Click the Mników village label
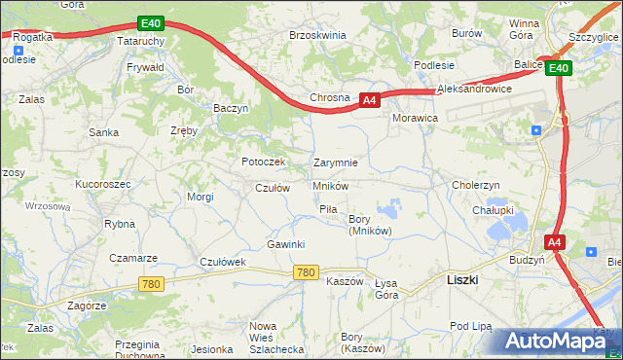(x=330, y=186)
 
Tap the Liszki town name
(x=461, y=279)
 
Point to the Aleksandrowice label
(x=475, y=89)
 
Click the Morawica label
(x=416, y=117)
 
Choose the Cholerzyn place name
(x=475, y=185)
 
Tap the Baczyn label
(x=232, y=109)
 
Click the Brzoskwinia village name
(x=317, y=34)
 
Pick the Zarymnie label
(x=336, y=162)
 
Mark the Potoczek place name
(x=263, y=162)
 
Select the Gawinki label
(x=286, y=244)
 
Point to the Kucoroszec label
(x=103, y=183)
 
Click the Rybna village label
(x=119, y=224)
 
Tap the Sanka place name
(x=103, y=131)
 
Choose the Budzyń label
(x=527, y=261)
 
